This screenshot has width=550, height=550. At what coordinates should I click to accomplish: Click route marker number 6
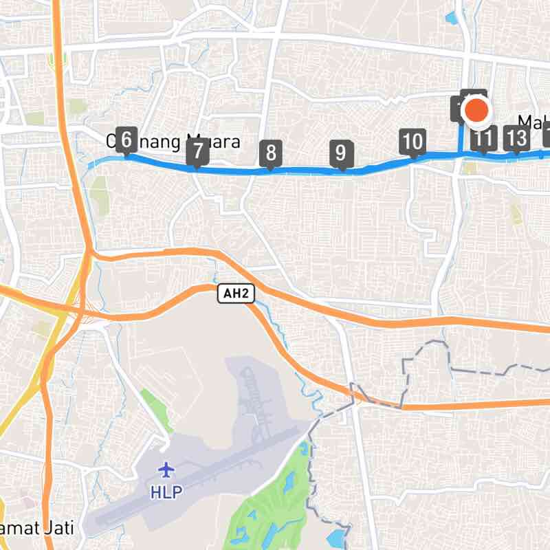point(125,141)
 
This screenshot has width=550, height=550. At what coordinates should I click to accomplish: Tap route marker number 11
point(483,140)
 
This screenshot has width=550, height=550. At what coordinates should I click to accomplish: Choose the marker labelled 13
point(516,139)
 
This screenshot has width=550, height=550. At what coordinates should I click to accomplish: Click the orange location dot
point(476,111)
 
